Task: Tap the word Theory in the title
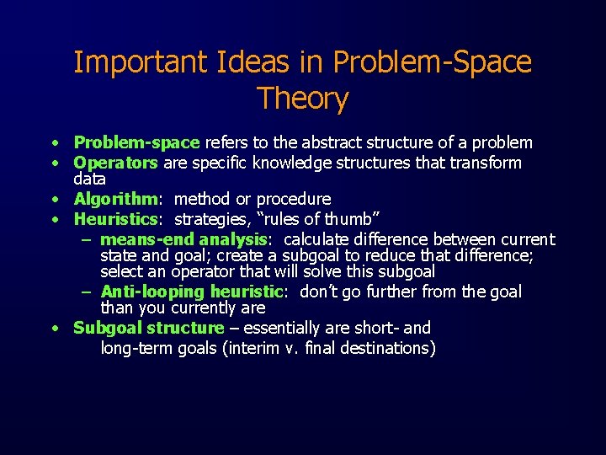[x=303, y=99]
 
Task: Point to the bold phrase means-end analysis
[x=183, y=240]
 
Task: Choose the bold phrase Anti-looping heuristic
[x=190, y=292]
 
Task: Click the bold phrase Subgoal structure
[x=149, y=328]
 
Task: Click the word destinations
[x=388, y=349]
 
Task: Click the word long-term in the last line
[x=137, y=349]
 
